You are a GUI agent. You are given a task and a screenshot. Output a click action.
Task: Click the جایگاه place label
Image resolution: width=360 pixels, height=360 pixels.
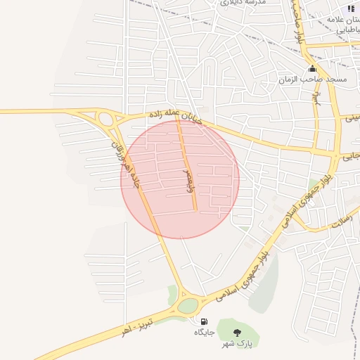204,332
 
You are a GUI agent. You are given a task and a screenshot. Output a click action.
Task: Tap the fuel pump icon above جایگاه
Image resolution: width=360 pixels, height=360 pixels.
204,321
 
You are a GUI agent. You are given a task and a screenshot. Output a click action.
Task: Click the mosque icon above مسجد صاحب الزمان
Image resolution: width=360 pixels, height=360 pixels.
312,70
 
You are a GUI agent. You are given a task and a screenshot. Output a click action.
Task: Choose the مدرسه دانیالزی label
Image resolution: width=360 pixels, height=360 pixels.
243,4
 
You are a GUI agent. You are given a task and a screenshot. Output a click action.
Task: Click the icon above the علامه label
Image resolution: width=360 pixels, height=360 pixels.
351,8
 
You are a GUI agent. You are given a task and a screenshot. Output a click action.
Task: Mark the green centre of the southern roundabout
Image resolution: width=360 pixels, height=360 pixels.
188,305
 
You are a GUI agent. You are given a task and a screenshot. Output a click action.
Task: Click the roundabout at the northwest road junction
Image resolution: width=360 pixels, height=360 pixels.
107,120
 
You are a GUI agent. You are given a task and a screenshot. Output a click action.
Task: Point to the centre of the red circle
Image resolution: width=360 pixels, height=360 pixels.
180,179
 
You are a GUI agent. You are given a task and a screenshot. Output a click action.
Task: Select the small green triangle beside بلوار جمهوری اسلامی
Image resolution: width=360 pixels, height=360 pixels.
312,184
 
